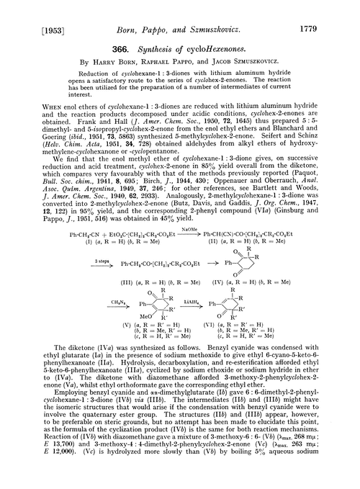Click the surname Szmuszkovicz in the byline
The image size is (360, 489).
point(260,55)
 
